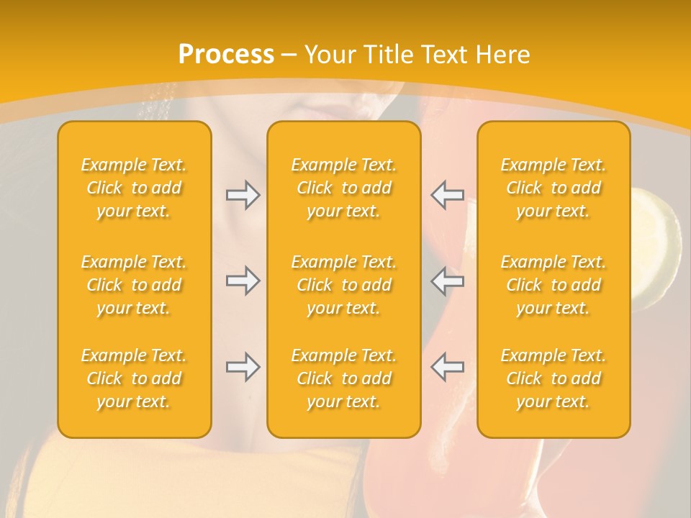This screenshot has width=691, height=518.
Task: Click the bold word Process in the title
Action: click(226, 55)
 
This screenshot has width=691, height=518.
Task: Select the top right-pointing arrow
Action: click(243, 195)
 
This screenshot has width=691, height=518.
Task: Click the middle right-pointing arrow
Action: click(243, 281)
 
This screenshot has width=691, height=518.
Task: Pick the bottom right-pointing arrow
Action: click(243, 367)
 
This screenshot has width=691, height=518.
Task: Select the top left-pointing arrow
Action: click(447, 195)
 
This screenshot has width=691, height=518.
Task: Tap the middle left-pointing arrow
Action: click(447, 281)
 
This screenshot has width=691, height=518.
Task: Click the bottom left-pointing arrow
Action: click(447, 367)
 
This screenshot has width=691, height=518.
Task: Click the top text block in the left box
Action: click(134, 188)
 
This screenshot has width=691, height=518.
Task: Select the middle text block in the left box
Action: click(134, 285)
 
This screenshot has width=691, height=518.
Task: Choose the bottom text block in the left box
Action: click(134, 378)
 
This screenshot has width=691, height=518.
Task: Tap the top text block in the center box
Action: click(344, 188)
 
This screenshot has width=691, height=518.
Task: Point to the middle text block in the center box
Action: click(344, 285)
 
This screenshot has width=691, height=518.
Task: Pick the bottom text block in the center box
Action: click(344, 378)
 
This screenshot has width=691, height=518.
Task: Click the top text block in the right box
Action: click(554, 188)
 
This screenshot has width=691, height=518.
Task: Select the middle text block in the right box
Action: click(554, 285)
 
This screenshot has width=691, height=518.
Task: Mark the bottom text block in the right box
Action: click(554, 378)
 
